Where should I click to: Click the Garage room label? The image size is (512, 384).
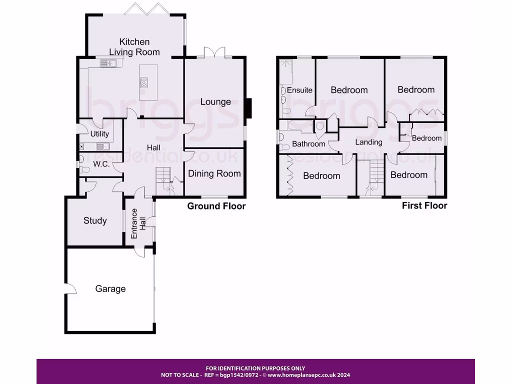(110, 288)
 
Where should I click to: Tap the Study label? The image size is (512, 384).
(95, 220)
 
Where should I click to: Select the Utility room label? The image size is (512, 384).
(99, 134)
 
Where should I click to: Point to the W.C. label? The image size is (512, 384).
(101, 164)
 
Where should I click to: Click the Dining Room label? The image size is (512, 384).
(214, 173)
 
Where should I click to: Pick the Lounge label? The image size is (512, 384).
(215, 101)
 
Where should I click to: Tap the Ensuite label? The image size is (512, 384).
(299, 90)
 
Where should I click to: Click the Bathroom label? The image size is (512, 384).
(308, 144)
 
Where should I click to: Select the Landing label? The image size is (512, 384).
(368, 142)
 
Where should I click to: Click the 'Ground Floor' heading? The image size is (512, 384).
(216, 206)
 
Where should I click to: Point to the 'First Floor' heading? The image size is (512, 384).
(424, 205)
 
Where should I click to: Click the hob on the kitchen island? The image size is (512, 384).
(144, 83)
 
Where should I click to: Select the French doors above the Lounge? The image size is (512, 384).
(215, 52)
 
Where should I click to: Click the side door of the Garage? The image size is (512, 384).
(69, 289)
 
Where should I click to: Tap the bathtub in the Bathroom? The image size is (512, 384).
(296, 126)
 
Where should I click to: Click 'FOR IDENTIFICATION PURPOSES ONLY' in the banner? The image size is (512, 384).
(255, 368)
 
